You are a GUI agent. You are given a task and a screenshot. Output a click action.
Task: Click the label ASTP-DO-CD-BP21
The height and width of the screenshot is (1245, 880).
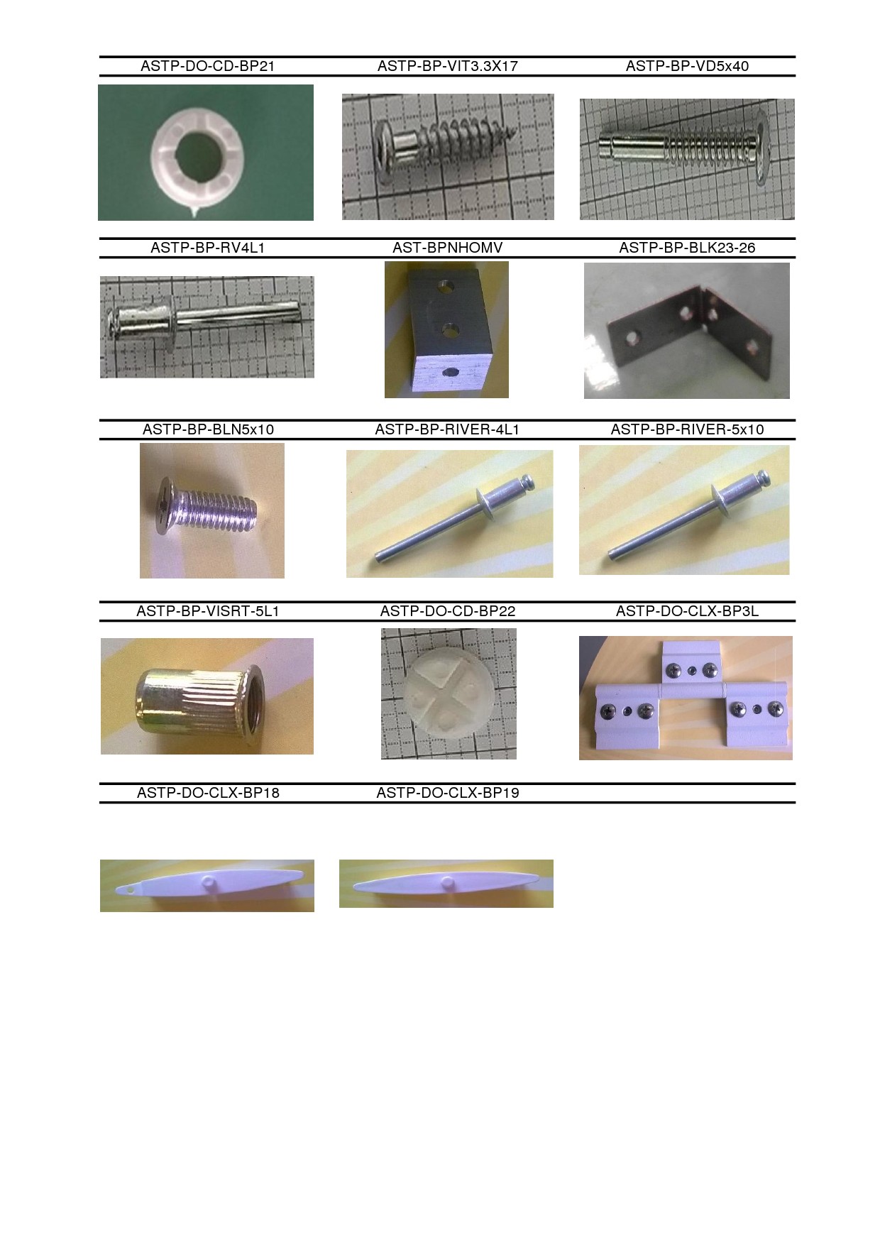point(207,66)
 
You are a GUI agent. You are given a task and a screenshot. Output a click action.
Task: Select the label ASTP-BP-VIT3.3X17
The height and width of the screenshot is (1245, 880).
point(448,66)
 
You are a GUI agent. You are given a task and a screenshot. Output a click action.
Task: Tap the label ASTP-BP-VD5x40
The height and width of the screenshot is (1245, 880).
point(687,66)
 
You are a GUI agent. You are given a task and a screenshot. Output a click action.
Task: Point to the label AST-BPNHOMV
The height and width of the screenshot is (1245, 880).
point(448,248)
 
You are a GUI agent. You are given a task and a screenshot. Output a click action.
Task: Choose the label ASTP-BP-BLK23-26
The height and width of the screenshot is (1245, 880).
point(687,248)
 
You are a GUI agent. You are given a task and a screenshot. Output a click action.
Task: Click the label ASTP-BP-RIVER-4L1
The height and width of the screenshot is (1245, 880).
point(447,429)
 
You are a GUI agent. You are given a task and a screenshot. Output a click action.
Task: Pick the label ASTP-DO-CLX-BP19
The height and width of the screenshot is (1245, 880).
point(448,793)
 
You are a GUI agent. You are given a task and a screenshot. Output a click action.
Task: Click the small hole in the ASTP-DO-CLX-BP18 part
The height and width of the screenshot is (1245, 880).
point(129,889)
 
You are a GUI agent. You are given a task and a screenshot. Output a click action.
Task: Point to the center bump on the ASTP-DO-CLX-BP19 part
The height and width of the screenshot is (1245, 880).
point(447,882)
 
